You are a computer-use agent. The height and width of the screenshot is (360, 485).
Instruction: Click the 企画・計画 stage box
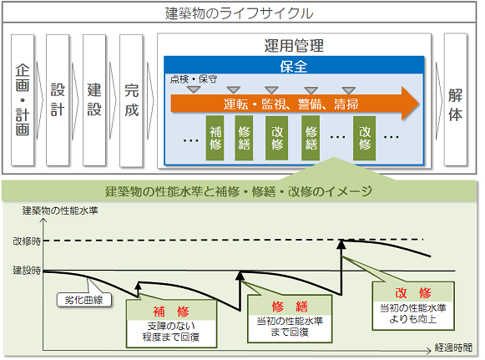(x=23, y=99)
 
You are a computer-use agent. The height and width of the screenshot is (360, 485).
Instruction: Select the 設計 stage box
(x=58, y=99)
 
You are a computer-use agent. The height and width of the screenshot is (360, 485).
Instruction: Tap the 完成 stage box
(x=131, y=100)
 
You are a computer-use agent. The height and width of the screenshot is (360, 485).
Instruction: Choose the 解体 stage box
(x=455, y=99)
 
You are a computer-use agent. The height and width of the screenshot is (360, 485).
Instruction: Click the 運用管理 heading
(x=294, y=46)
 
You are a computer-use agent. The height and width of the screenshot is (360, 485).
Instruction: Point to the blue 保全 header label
(x=294, y=66)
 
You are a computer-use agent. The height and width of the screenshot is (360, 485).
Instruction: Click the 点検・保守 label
(x=194, y=79)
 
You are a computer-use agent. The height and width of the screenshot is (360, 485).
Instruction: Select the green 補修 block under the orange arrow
(x=215, y=138)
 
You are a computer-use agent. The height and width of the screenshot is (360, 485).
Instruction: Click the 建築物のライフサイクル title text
(x=239, y=13)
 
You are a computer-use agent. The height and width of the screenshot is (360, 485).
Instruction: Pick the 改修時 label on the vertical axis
(x=27, y=241)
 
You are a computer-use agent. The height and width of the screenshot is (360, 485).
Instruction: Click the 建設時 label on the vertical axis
(x=27, y=271)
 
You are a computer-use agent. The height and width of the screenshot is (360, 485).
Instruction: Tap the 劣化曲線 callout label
(x=83, y=300)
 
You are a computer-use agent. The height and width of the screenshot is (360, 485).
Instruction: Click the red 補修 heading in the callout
(x=171, y=312)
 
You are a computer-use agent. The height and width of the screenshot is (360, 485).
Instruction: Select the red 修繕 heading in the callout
(x=290, y=307)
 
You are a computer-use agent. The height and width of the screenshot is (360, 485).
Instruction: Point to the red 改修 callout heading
(x=413, y=292)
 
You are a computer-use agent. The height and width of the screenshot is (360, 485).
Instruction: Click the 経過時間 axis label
(x=453, y=347)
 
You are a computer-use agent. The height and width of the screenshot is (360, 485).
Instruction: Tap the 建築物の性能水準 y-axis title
(x=60, y=210)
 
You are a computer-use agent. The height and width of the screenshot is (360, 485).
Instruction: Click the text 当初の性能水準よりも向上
(x=413, y=313)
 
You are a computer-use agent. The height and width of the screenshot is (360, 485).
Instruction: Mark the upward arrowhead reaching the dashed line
(x=341, y=244)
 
